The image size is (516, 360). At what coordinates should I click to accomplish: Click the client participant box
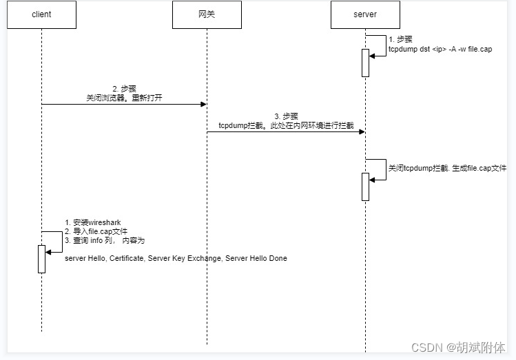pos(41,14)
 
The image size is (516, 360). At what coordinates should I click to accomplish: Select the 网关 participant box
pos(207,14)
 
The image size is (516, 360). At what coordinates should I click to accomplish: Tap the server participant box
pos(365,14)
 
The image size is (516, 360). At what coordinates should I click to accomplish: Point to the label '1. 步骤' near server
pos(400,40)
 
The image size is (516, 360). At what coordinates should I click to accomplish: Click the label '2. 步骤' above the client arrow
pos(125,89)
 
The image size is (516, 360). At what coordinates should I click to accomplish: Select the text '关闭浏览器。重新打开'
pos(124,98)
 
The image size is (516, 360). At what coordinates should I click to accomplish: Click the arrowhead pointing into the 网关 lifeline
pos(203,104)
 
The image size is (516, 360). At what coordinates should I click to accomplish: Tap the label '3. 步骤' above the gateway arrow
pos(286,116)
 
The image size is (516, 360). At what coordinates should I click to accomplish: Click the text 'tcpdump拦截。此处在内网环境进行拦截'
pos(286,125)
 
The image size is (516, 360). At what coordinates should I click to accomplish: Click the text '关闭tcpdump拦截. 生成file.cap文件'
pos(447,168)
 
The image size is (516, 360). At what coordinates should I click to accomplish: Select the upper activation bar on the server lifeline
pos(365,63)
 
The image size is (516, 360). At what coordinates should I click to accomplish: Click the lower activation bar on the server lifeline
pos(365,187)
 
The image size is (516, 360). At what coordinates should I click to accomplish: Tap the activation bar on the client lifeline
pos(41,259)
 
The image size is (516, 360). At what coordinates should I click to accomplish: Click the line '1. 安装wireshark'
pos(93,222)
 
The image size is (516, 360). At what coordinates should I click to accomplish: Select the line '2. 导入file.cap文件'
pos(96,231)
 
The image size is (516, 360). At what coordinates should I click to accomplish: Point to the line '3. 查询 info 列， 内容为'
pos(105,241)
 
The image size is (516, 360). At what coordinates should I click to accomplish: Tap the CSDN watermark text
pos(457,348)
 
